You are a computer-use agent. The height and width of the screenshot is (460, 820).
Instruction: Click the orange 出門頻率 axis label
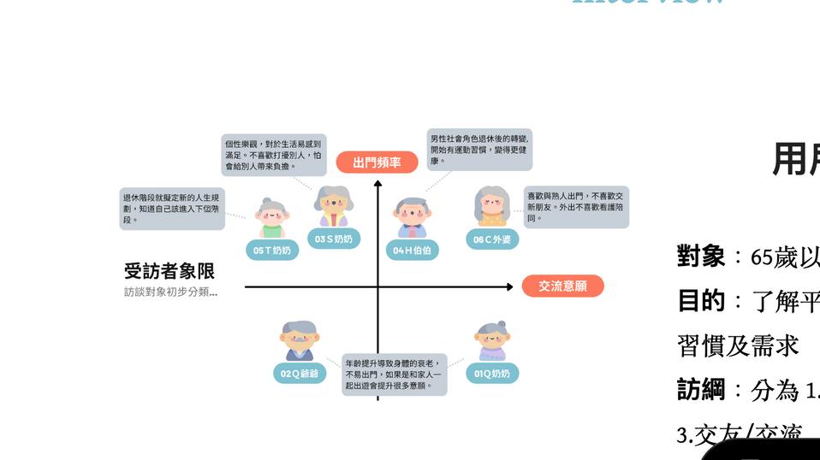coord(377,162)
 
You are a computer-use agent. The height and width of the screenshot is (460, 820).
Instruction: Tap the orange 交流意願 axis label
coord(562,286)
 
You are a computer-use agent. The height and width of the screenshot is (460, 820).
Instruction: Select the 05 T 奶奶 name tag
coord(272,251)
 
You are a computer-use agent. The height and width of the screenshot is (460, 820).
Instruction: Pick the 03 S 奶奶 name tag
coord(333,239)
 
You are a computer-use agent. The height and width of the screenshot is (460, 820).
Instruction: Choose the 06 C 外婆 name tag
coord(492,240)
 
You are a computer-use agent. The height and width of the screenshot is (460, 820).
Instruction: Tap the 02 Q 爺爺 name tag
coord(300,374)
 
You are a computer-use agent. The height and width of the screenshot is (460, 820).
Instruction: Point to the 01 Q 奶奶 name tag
coord(492,374)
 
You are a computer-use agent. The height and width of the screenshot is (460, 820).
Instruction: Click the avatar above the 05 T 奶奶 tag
coord(272,218)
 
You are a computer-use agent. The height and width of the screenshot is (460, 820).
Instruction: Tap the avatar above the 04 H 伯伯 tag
coord(413,217)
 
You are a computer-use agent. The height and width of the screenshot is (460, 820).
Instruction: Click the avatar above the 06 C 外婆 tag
coord(492,206)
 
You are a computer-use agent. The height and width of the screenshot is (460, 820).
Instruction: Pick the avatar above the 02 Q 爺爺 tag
coord(300,341)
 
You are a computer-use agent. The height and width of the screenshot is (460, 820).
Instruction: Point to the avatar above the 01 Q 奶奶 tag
coord(492,341)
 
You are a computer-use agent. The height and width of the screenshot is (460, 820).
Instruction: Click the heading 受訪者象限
coord(169,272)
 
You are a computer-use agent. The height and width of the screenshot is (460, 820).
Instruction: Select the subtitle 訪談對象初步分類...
coord(170,292)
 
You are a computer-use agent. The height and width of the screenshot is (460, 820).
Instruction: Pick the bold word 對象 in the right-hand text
coord(700,256)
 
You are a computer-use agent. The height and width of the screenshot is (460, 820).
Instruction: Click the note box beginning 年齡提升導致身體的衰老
coord(395,375)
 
